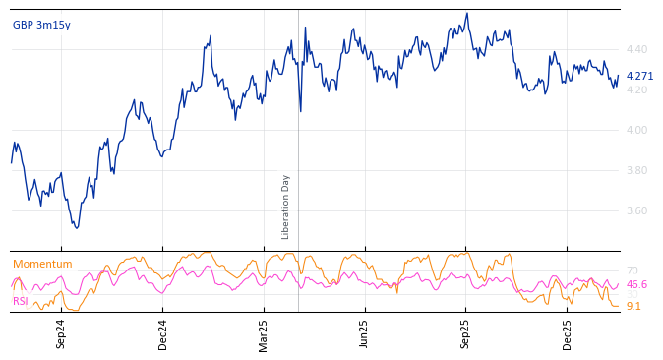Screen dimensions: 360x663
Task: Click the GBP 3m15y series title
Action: point(41,25)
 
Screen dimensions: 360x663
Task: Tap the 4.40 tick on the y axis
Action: point(636,49)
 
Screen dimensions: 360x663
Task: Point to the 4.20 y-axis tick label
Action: point(636,90)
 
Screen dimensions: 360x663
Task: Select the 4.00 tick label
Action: point(636,130)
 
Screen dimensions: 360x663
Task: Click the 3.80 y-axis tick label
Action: point(636,170)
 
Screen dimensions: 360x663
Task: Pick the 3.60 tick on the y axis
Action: point(636,210)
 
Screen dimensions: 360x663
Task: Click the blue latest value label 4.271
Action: point(639,76)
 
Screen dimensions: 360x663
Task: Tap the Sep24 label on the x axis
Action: point(61,333)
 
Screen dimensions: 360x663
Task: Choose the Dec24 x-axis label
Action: point(162,333)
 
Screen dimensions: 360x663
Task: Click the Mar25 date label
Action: point(264,333)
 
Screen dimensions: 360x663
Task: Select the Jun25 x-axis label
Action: point(364,333)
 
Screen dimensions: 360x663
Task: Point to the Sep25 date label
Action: point(465,333)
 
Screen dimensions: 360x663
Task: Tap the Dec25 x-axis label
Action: point(567,333)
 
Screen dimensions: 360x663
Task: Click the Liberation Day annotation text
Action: point(286,207)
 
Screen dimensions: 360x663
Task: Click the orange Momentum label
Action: point(42,264)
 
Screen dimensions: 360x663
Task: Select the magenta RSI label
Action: point(21,301)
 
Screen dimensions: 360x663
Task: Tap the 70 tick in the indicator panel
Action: point(632,270)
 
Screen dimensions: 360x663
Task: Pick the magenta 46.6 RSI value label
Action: point(636,284)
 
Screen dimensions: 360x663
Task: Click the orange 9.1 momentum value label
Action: point(633,306)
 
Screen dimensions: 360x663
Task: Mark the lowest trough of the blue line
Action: point(76,228)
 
